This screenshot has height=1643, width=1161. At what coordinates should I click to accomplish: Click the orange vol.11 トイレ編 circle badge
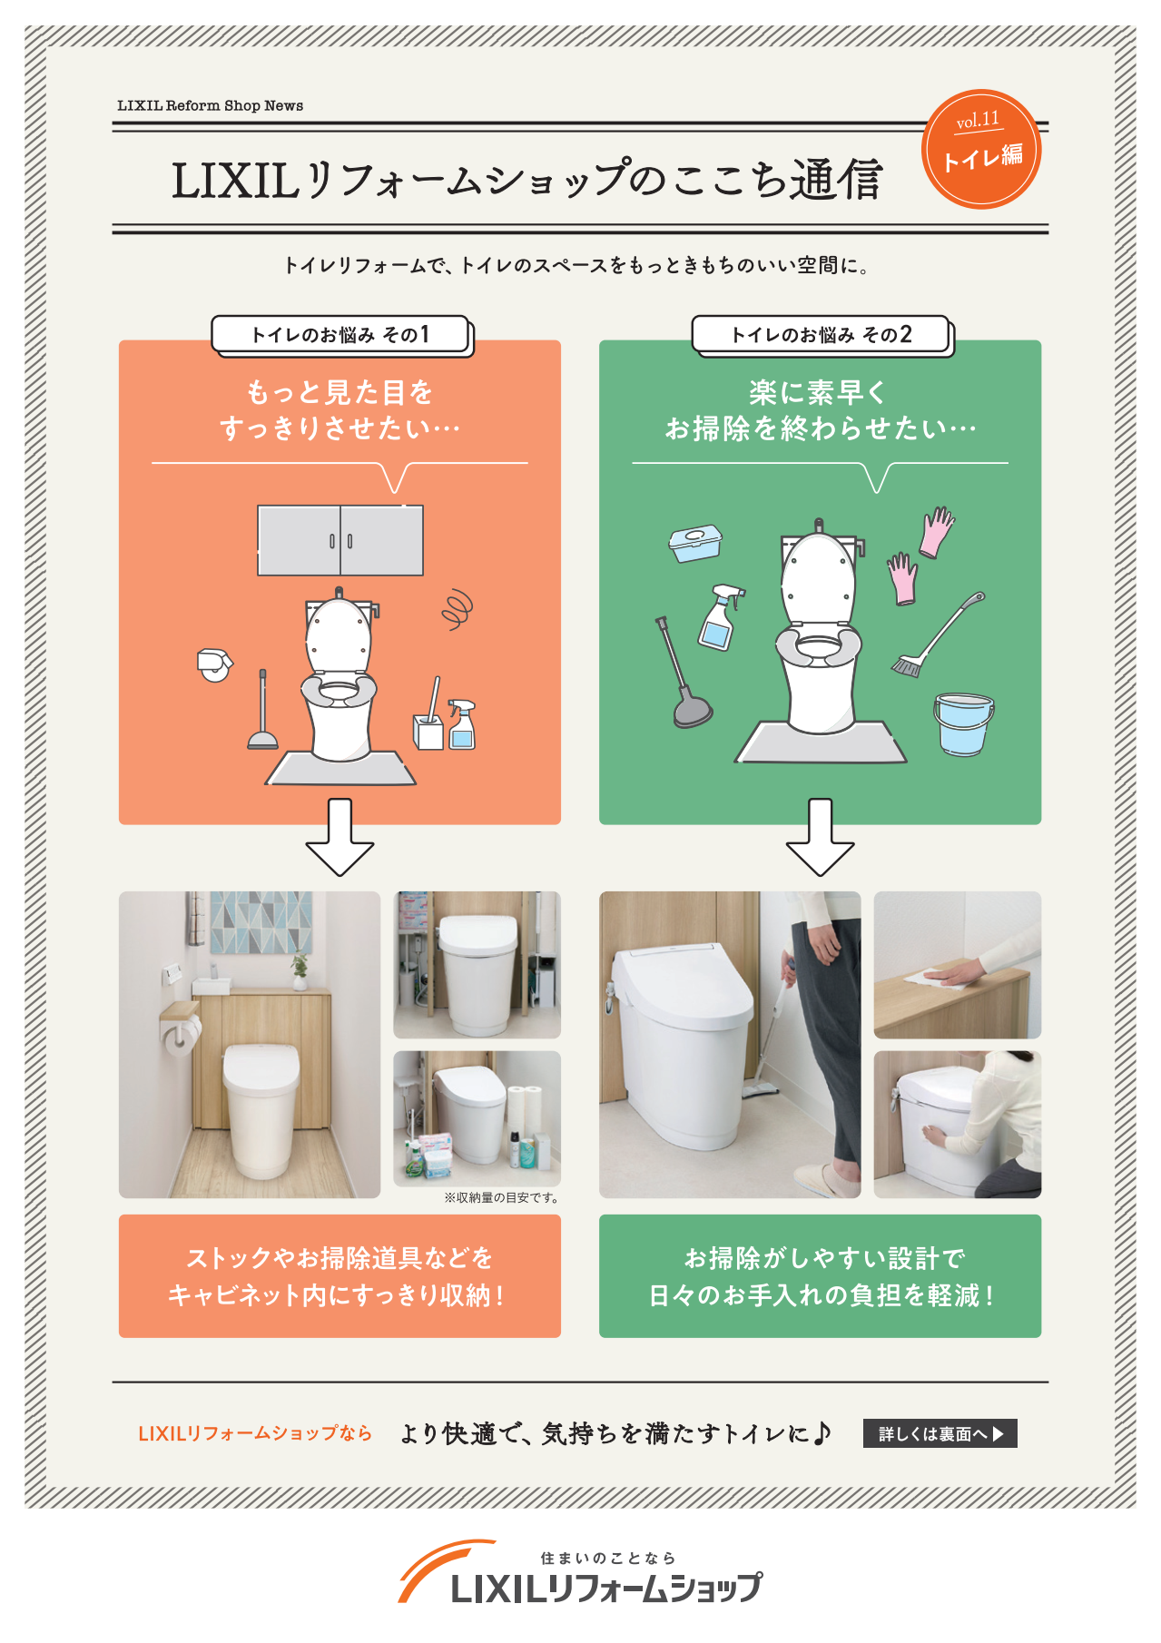click(x=981, y=149)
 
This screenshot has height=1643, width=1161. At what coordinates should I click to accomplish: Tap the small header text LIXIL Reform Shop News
click(x=210, y=105)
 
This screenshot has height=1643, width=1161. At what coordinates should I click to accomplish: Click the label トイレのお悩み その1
click(x=340, y=335)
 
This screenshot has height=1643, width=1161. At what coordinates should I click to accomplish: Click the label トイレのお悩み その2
click(x=821, y=335)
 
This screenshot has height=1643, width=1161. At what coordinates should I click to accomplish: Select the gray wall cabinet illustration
click(x=340, y=541)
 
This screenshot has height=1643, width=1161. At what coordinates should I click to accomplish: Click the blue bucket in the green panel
click(x=963, y=723)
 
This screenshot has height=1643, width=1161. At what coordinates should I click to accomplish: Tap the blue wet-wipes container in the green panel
click(x=695, y=543)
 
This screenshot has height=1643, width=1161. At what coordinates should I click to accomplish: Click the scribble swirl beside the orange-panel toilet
click(x=458, y=609)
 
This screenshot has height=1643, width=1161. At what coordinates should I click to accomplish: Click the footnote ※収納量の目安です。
click(x=501, y=1197)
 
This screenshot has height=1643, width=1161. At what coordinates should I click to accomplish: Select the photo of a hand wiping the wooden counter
click(x=957, y=964)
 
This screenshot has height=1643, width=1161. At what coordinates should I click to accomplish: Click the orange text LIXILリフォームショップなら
click(x=255, y=1433)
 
